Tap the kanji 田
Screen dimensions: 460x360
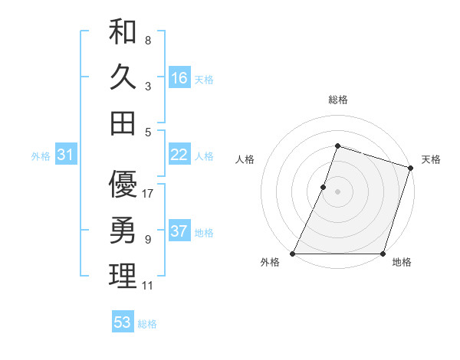123,123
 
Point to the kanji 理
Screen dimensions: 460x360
123,276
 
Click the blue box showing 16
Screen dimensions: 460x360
179,78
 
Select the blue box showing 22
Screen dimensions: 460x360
179,155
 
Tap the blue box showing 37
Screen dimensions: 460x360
179,231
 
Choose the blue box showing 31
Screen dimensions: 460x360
65,155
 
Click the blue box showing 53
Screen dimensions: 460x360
123,322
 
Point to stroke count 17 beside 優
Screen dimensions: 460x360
149,193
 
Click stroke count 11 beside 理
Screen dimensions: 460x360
147,286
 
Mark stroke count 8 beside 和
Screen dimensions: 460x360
148,40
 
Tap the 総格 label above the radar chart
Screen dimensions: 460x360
337,100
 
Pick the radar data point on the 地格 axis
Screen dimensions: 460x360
383,254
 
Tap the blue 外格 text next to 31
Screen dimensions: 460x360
41,156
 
